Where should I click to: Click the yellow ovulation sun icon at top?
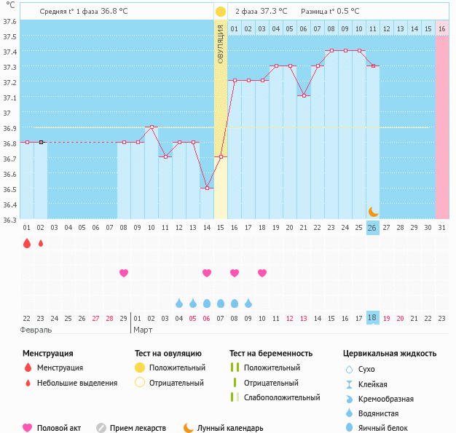[220, 12]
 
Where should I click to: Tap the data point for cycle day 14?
[206, 188]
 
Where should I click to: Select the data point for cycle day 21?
[303, 96]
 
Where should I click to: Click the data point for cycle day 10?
[151, 127]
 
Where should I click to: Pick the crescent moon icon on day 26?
[373, 211]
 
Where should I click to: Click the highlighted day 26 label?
[372, 228]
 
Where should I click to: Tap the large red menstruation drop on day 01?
[27, 243]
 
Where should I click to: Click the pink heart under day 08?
[124, 273]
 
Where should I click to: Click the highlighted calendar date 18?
[372, 317]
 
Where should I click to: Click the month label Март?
[143, 330]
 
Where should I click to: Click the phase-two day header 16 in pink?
[441, 28]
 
